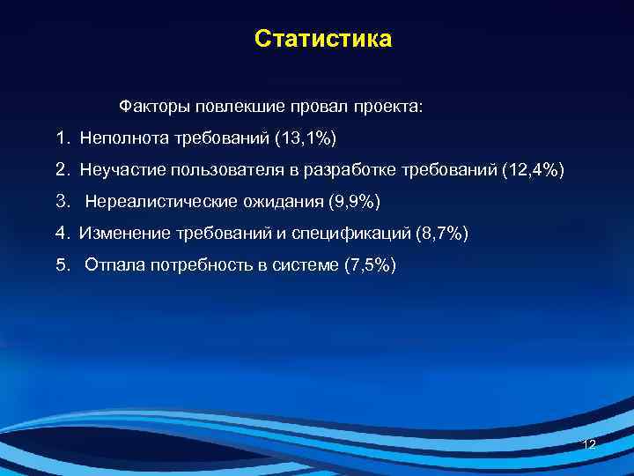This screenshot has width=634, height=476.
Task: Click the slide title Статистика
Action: tap(322, 40)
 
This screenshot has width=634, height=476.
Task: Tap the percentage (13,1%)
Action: tap(306, 138)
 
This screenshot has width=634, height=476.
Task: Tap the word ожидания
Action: tap(275, 202)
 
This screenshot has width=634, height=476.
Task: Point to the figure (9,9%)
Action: tap(353, 202)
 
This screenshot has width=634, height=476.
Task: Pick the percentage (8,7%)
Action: tap(441, 234)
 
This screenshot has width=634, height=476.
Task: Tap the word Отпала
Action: tap(111, 265)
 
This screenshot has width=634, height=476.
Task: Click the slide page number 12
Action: tap(590, 444)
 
